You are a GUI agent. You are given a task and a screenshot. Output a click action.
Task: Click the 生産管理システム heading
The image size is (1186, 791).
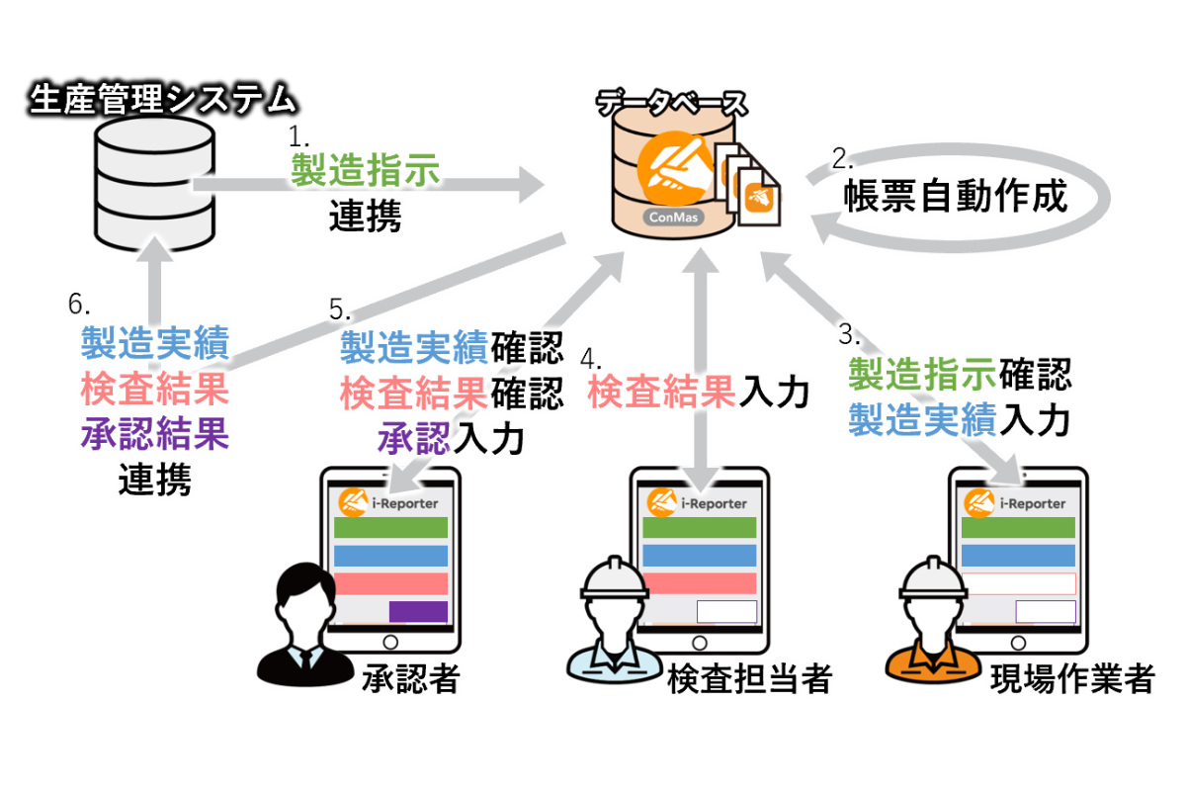(x=163, y=99)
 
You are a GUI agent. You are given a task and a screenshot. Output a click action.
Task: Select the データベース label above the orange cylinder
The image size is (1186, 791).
(x=671, y=103)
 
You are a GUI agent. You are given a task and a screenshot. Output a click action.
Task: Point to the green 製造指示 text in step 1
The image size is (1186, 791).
(x=365, y=170)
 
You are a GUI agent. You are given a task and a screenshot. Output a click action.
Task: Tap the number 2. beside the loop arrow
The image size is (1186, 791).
(x=842, y=157)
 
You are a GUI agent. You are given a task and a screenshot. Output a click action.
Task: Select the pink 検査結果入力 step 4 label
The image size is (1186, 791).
(x=698, y=393)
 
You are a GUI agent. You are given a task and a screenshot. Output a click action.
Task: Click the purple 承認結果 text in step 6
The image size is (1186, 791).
(x=154, y=434)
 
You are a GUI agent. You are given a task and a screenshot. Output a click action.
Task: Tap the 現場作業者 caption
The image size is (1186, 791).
(x=1071, y=678)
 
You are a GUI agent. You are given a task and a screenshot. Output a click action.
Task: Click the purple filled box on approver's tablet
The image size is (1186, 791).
(x=418, y=611)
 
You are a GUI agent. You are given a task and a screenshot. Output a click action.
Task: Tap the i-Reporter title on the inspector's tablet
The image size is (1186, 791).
(x=715, y=503)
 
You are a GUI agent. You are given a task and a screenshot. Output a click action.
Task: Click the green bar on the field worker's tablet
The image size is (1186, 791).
(x=1018, y=527)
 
